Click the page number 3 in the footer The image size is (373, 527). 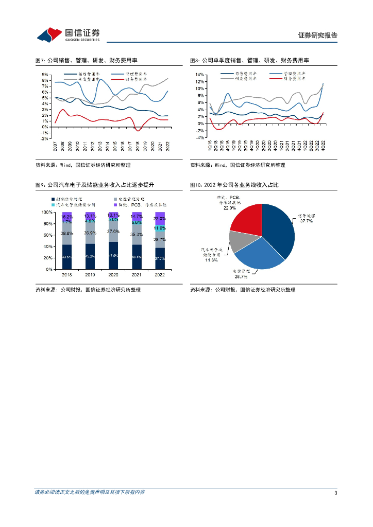[335, 494]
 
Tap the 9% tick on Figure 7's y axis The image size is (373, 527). [45, 75]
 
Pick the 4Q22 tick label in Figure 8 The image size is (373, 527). [323, 145]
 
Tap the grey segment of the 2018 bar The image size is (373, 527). [67, 233]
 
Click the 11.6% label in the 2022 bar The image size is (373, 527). [160, 228]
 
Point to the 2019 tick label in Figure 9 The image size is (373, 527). [90, 275]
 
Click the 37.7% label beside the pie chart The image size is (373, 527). [306, 220]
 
